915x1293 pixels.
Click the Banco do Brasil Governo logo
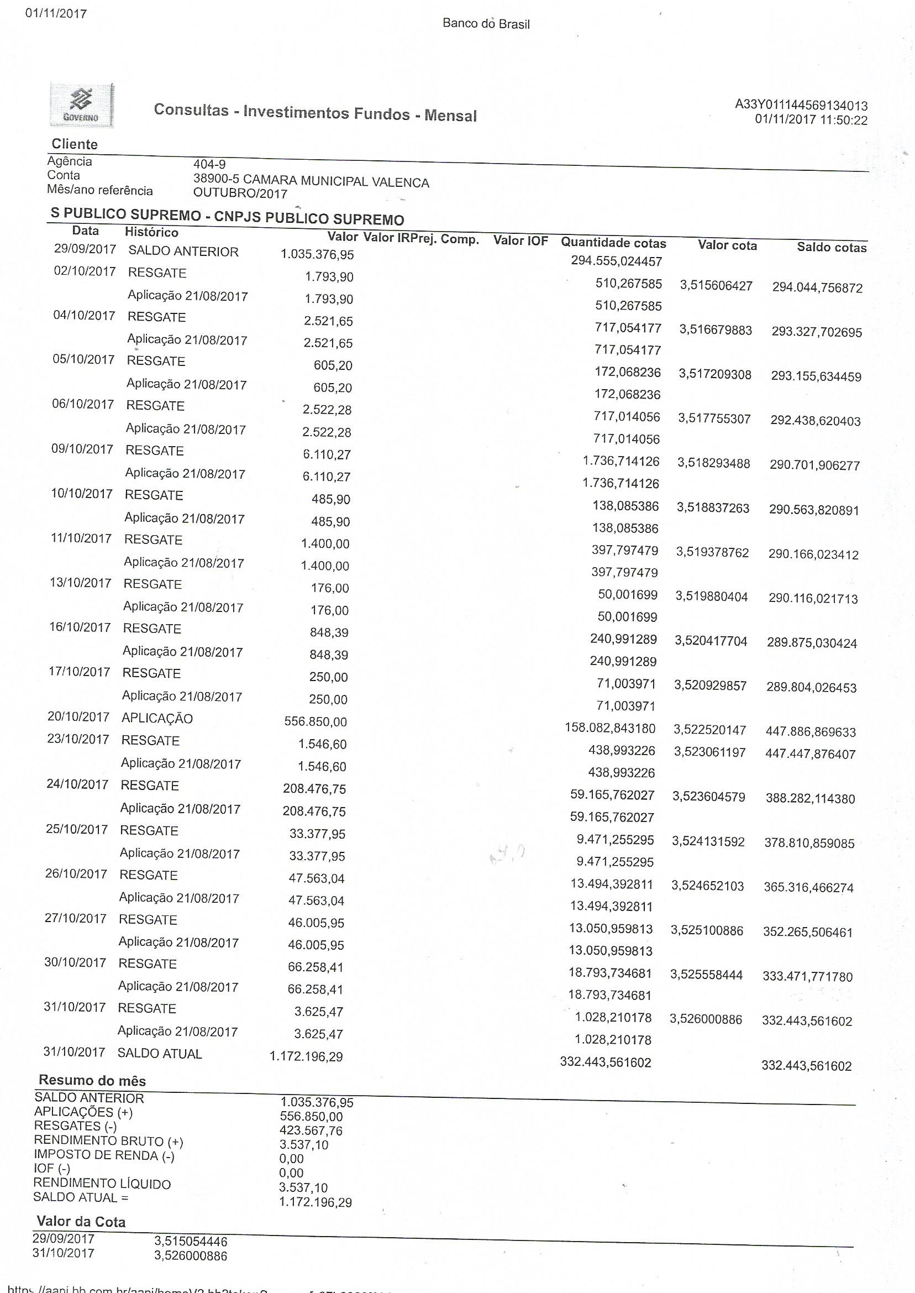[x=81, y=105]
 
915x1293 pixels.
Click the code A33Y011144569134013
[x=801, y=105]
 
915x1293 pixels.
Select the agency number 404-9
[x=209, y=164]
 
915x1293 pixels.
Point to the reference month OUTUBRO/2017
[x=240, y=194]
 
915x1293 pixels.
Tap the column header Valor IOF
[x=520, y=240]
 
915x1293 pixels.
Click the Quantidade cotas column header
[x=613, y=243]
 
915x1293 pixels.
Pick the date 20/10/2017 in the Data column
[x=78, y=716]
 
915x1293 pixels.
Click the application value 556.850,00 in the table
[x=315, y=721]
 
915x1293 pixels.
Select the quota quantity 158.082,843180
[x=609, y=728]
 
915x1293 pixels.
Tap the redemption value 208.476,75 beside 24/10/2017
[x=314, y=788]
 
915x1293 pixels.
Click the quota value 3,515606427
[x=716, y=286]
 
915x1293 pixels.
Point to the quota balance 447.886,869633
[x=810, y=732]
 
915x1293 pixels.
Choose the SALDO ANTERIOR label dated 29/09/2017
[x=183, y=252]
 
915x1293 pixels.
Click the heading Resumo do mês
[x=92, y=1081]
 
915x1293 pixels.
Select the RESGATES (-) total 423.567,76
[x=311, y=1130]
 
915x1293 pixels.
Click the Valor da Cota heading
[x=81, y=1222]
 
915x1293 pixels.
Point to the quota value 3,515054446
[x=191, y=1241]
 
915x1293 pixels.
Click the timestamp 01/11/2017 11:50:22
[x=811, y=119]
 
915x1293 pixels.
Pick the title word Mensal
[x=450, y=116]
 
